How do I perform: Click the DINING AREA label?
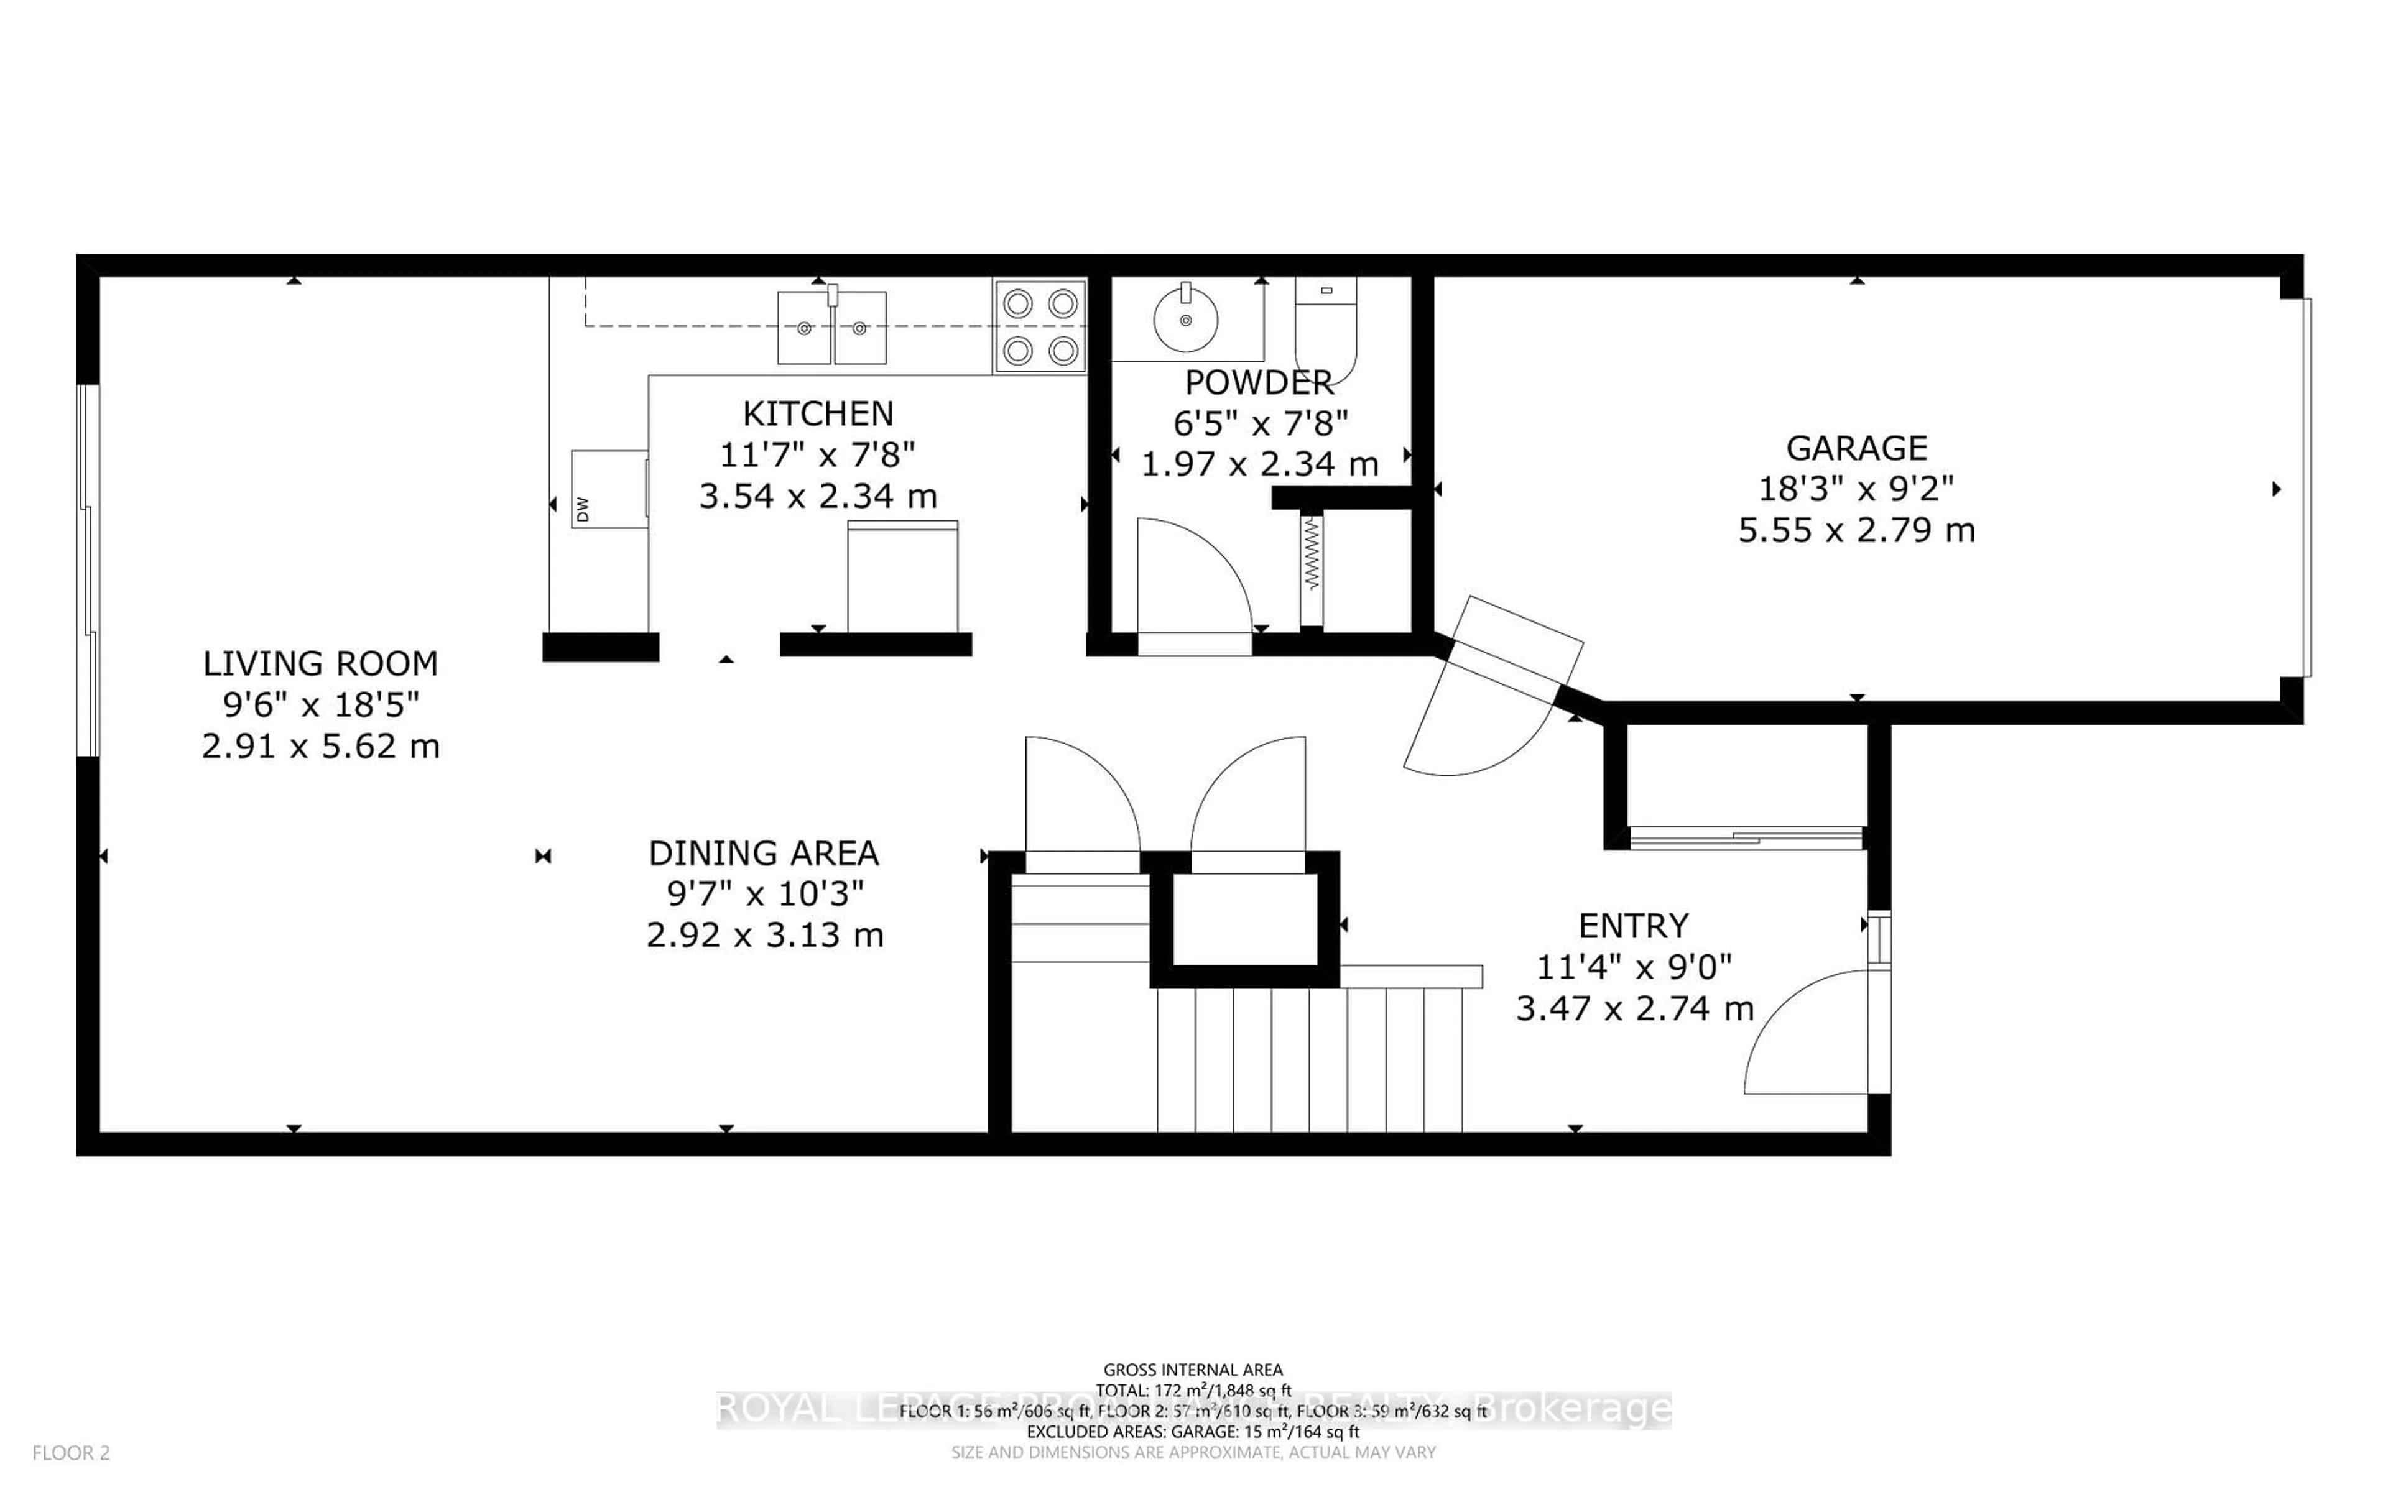click(x=763, y=852)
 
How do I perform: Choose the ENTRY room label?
click(x=1633, y=926)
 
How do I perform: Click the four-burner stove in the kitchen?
click(x=1039, y=326)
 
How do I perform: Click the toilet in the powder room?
click(x=1325, y=326)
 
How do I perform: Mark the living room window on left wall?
click(x=89, y=570)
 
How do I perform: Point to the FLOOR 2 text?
click(x=71, y=1453)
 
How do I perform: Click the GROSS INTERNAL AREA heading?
click(x=1192, y=1370)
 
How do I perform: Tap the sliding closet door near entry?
click(x=1744, y=839)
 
